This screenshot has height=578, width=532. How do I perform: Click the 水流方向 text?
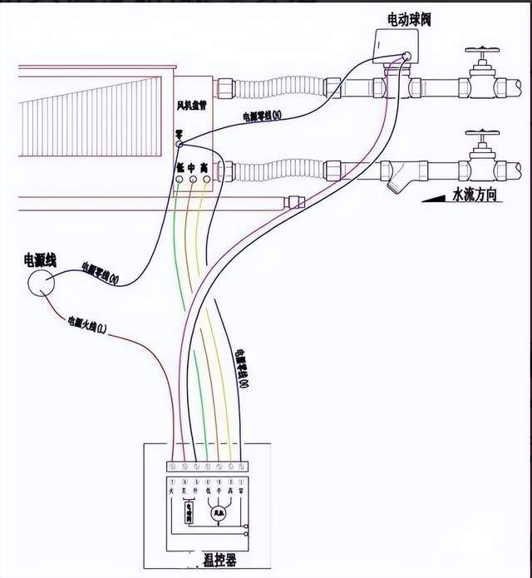[475, 195]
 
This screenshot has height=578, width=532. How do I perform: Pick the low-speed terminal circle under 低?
[179, 180]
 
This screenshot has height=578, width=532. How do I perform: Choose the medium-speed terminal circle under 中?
[192, 180]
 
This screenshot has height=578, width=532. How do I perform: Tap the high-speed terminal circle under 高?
[204, 180]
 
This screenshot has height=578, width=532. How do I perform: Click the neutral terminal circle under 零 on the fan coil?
[179, 145]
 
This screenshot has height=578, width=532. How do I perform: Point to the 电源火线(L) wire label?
[87, 326]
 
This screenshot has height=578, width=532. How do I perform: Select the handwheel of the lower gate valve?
[482, 133]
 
